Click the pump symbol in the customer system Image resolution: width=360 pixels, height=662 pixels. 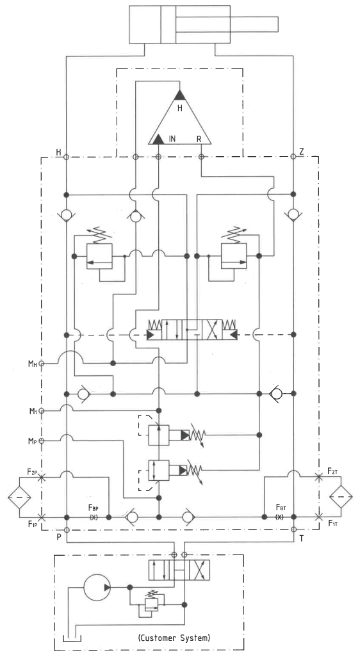point(97,586)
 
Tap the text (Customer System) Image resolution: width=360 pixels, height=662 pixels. point(174,637)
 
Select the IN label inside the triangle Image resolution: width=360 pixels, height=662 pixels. point(172,138)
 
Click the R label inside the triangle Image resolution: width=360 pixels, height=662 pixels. point(199,138)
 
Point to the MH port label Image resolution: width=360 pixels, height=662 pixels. point(32,364)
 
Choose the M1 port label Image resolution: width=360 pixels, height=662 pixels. point(32,411)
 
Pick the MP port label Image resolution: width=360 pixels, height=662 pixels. point(32,441)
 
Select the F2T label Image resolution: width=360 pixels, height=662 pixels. point(332,471)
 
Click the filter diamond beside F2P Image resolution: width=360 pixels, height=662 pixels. point(19,497)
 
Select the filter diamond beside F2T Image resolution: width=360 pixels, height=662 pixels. point(341,497)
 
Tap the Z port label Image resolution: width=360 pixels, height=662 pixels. point(301,152)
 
